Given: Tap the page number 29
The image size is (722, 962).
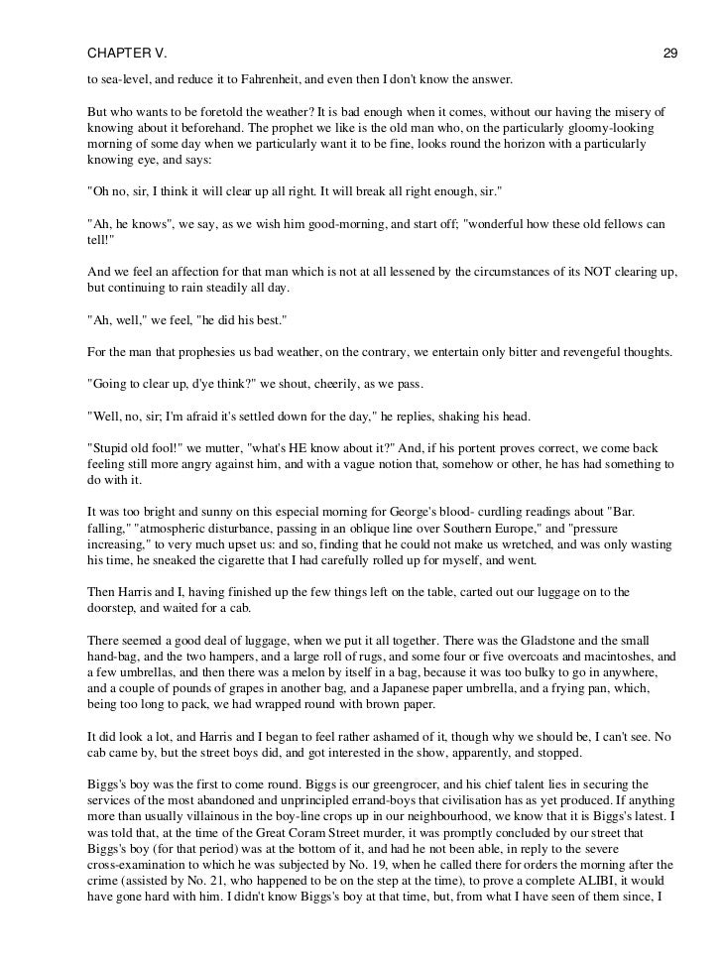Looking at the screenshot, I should pyautogui.click(x=670, y=24).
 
